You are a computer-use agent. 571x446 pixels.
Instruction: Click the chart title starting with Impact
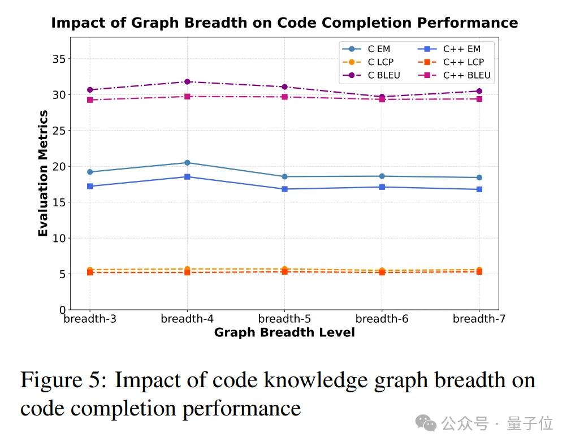coord(284,23)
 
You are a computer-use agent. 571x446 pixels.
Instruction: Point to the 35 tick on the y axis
coord(59,59)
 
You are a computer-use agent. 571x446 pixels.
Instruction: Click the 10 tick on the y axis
coord(59,238)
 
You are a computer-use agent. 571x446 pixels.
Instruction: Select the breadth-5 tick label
coord(284,319)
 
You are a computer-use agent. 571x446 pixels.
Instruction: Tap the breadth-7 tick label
coord(479,319)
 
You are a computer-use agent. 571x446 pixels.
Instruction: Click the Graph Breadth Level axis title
coord(284,332)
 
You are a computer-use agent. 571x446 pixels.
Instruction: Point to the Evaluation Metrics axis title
coord(43,174)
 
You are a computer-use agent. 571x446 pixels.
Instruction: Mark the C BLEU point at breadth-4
coord(187,82)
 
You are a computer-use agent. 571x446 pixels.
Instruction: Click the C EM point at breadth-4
coord(187,163)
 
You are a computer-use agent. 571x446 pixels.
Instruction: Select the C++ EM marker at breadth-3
coord(90,186)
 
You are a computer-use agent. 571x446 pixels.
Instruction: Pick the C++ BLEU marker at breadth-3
coord(90,100)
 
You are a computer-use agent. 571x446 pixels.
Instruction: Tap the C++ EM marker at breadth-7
coord(479,189)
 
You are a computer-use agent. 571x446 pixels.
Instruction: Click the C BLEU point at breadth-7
coord(479,91)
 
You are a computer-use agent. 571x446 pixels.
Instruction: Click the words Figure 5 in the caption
coord(63,380)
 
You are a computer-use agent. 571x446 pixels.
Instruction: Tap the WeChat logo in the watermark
coord(426,423)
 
